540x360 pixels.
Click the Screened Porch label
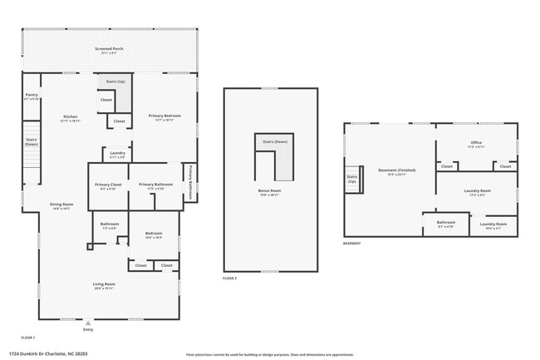pos(110,50)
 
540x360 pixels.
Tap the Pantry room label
pos(31,96)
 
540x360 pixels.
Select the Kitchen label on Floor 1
pos(71,117)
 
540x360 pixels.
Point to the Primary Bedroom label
pos(164,117)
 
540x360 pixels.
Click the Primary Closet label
pos(108,185)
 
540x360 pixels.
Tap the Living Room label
pos(104,286)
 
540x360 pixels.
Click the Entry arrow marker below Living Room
pos(88,323)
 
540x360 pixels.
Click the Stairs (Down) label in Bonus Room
pos(275,142)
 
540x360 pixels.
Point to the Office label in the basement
pos(476,144)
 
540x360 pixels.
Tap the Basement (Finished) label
pos(396,171)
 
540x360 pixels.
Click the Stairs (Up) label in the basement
pos(352,179)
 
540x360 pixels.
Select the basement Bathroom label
pos(446,223)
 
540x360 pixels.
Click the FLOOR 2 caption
pos(230,278)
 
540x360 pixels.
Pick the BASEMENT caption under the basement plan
pos(352,244)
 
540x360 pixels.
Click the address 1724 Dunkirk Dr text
pos(53,353)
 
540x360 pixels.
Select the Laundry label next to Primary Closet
pos(117,154)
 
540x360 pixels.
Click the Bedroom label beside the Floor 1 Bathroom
pos(154,234)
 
